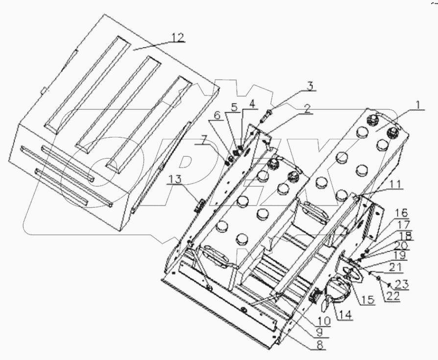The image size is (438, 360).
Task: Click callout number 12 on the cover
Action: [178, 36]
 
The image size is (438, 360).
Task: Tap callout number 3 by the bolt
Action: [309, 85]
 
